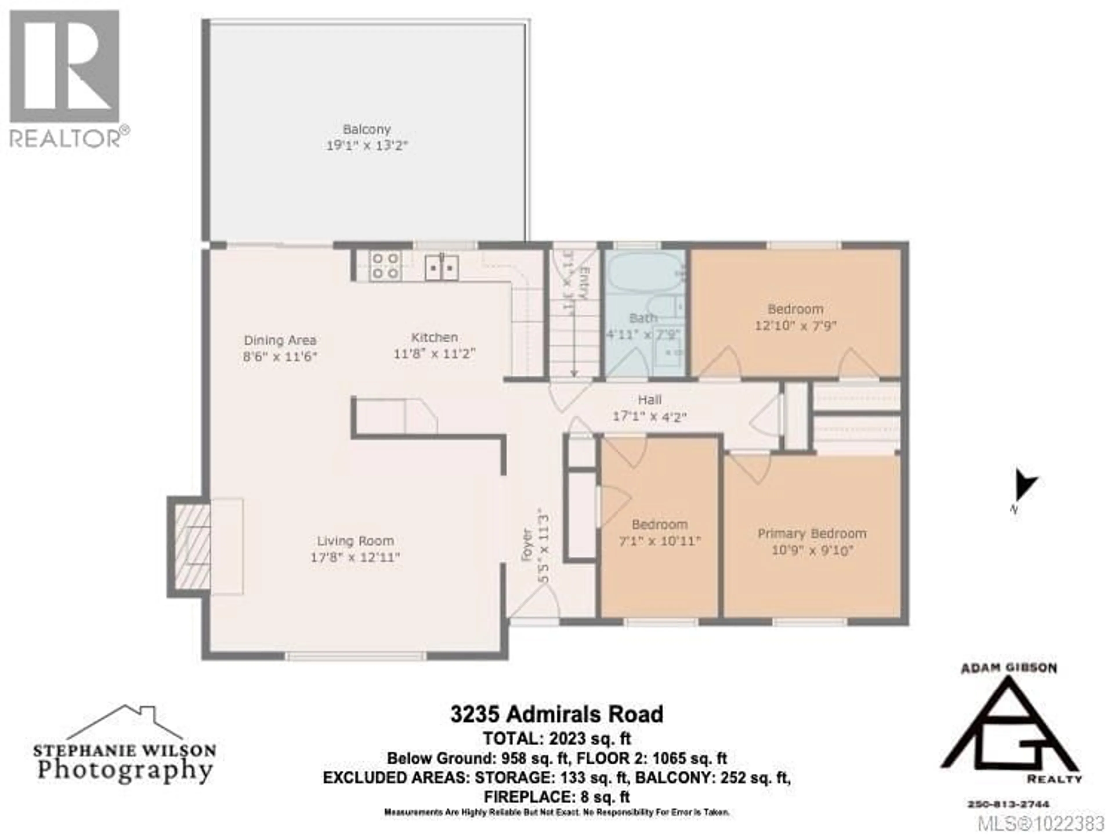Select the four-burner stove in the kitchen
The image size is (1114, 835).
[385, 266]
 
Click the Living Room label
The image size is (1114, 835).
[355, 541]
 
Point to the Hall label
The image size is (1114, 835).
[649, 400]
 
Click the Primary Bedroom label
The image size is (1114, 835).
[812, 534]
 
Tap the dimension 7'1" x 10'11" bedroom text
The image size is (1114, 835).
[659, 542]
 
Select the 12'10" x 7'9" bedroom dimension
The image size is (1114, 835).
[795, 326]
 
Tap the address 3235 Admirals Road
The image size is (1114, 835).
[556, 715]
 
